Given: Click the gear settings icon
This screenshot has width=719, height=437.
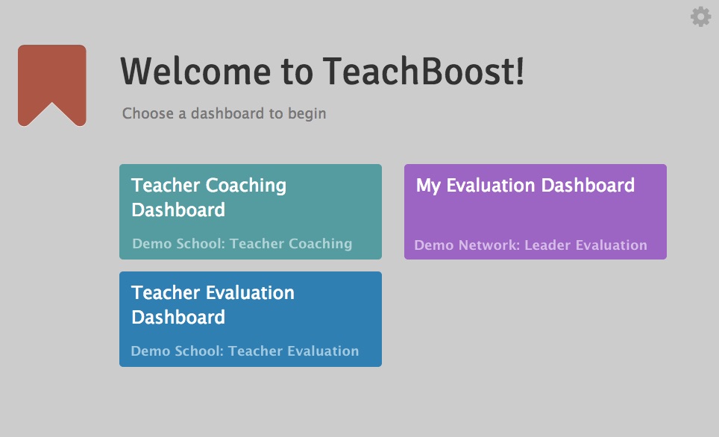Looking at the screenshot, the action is pos(700,17).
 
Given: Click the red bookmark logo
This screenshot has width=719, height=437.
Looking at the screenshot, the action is pos(51,85).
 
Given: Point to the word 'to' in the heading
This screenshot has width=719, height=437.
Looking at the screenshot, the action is pos(297,72).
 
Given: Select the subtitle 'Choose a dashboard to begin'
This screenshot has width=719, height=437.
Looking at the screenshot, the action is pos(225,113).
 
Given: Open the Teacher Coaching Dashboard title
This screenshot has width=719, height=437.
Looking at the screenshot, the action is pos(209,198).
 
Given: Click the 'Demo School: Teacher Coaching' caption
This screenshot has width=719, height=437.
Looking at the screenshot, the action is pos(242,244).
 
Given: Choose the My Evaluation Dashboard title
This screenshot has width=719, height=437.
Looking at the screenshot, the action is pos(526,186).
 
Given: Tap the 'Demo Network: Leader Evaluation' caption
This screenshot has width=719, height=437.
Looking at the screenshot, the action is pos(530,245).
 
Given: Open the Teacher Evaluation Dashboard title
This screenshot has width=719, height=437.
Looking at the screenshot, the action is pos(213,305).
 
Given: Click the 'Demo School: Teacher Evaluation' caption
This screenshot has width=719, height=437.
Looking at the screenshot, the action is pos(245,350).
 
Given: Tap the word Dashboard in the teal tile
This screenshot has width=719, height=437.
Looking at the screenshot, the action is pos(178,210).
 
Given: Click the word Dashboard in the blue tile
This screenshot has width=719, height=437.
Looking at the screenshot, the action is pos(178,318).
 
